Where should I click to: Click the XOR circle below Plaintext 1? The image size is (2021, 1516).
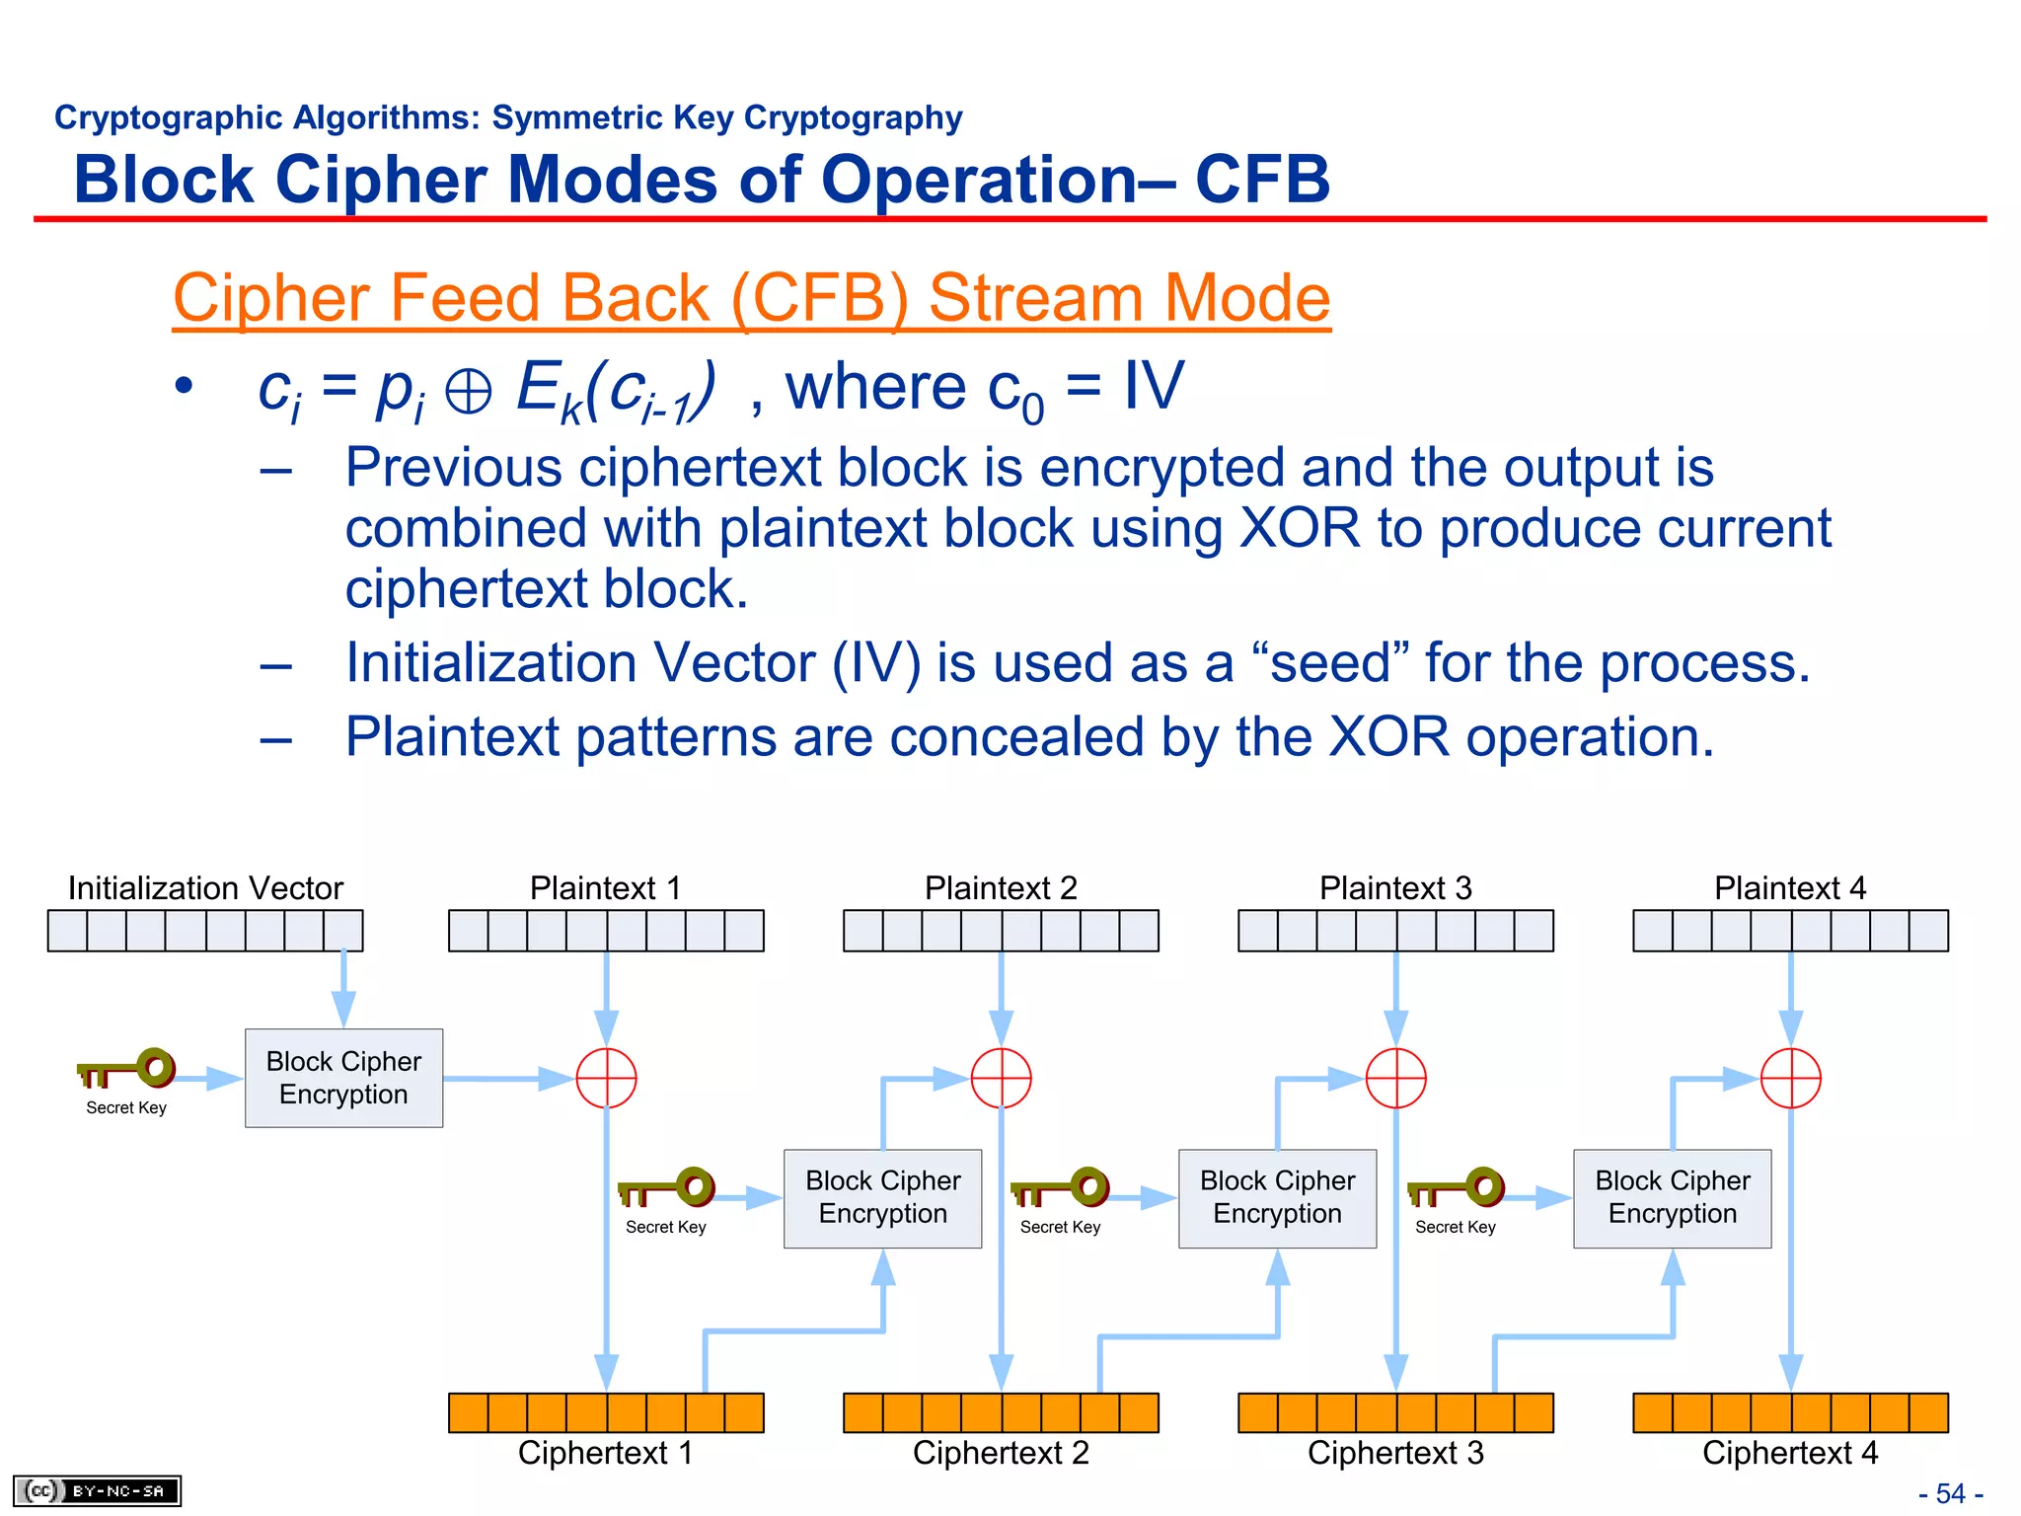coord(606,1078)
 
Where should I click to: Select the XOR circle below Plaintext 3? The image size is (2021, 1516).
coord(1395,1078)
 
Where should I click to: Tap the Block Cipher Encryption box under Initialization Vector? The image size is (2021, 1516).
coord(343,1078)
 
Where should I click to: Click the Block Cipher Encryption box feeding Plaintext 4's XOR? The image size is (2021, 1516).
coord(1672,1197)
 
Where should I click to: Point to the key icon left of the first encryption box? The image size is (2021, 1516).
coord(127,1069)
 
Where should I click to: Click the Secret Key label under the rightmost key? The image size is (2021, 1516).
coord(1455,1227)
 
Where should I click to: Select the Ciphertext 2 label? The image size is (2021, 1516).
coord(1001,1453)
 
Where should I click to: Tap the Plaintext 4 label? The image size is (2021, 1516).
coord(1790,887)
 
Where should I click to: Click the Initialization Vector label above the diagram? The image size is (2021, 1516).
coord(205,887)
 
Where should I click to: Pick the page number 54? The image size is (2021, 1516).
coord(1950,1493)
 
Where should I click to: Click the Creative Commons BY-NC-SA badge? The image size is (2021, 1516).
coord(97,1490)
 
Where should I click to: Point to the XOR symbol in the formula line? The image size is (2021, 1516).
coord(468,392)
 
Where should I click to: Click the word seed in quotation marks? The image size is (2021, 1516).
coord(1330,662)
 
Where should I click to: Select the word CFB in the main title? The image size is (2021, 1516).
coord(1263,180)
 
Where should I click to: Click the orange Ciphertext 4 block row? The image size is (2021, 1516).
coord(1790,1412)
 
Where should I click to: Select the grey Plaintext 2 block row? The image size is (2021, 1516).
coord(1001,931)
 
